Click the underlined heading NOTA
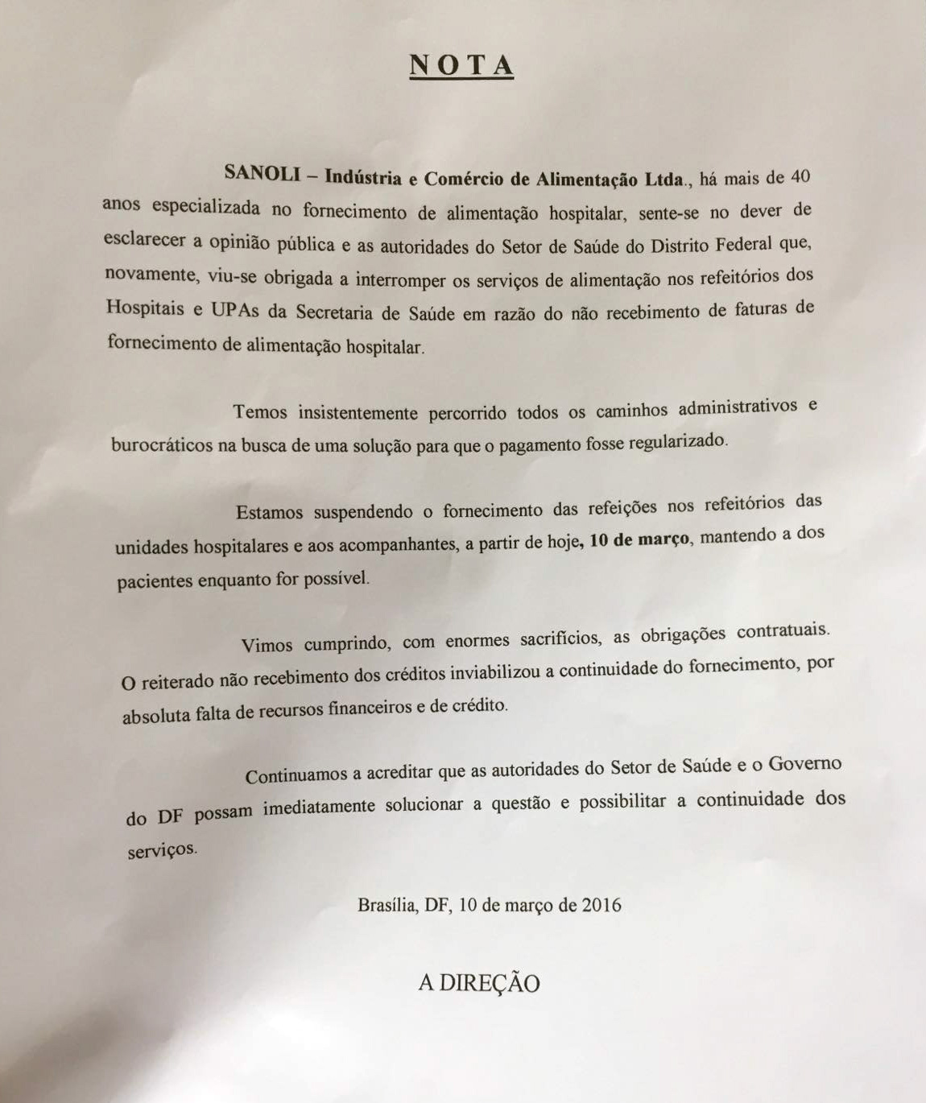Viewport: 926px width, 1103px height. click(x=461, y=65)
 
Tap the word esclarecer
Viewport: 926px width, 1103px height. click(x=144, y=240)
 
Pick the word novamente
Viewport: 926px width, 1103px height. click(x=150, y=274)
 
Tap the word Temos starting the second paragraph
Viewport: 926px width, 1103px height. click(x=259, y=412)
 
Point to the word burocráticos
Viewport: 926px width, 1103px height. click(x=162, y=445)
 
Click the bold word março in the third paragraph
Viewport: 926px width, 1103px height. click(x=663, y=539)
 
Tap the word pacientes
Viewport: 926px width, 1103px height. click(x=154, y=581)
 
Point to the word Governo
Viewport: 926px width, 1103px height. click(x=804, y=762)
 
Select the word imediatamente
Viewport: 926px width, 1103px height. click(x=319, y=808)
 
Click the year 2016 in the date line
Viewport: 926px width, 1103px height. click(x=601, y=904)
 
